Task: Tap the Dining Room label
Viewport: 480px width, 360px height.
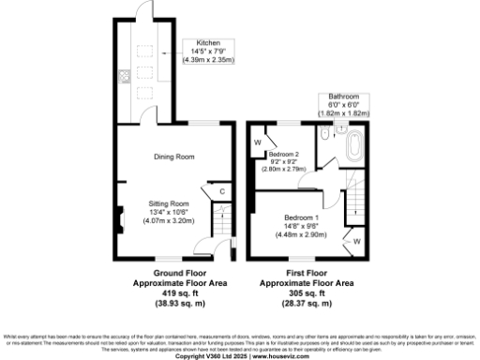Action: [x=173, y=157]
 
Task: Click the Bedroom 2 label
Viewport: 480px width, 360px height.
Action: [x=283, y=153]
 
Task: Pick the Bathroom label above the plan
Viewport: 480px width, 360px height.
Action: [x=343, y=97]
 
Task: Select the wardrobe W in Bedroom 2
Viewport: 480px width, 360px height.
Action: [x=257, y=143]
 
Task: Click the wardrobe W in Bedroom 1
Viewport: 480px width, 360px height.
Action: [x=357, y=241]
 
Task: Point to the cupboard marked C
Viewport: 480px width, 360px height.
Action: [x=221, y=193]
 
